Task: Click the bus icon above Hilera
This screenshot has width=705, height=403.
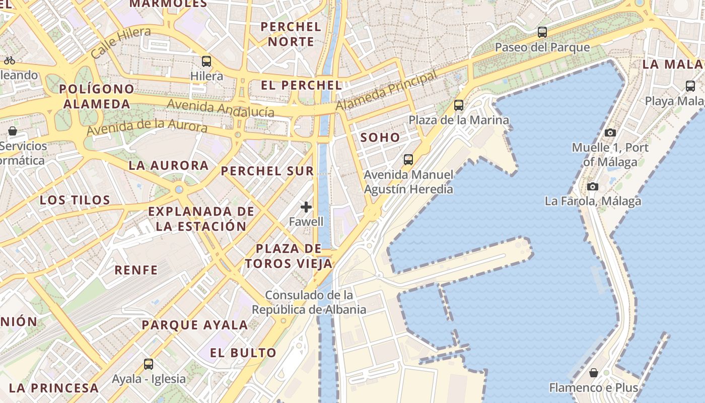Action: pyautogui.click(x=206, y=61)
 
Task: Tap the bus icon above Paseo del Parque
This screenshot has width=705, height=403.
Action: pyautogui.click(x=542, y=32)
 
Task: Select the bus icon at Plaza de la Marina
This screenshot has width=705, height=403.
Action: pyautogui.click(x=459, y=105)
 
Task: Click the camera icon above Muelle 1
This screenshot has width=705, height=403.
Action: pyautogui.click(x=610, y=133)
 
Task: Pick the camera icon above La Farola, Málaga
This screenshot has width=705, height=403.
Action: pyautogui.click(x=593, y=186)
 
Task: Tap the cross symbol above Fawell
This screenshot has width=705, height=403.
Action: pyautogui.click(x=306, y=207)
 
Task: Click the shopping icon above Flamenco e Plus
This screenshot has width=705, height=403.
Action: pyautogui.click(x=594, y=373)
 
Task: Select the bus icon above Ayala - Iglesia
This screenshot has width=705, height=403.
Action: pyautogui.click(x=149, y=364)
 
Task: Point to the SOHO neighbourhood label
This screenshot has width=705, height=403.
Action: pyautogui.click(x=380, y=138)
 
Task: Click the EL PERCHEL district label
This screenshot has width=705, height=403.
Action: pyautogui.click(x=302, y=85)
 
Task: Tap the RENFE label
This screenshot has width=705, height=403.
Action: pyautogui.click(x=136, y=270)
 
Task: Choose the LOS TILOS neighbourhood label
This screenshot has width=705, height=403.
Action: pyautogui.click(x=75, y=200)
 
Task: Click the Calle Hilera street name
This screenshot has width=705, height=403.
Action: pyautogui.click(x=121, y=43)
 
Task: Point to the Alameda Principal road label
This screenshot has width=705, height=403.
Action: pyautogui.click(x=386, y=91)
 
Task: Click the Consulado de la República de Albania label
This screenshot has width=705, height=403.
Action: pyautogui.click(x=309, y=302)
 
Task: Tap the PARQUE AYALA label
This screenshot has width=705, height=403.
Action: pyautogui.click(x=195, y=325)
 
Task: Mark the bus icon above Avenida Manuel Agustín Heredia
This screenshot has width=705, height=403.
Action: pyautogui.click(x=408, y=160)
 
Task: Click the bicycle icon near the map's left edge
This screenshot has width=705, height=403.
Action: pyautogui.click(x=9, y=60)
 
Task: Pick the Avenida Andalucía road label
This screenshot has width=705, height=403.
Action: pyautogui.click(x=221, y=107)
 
